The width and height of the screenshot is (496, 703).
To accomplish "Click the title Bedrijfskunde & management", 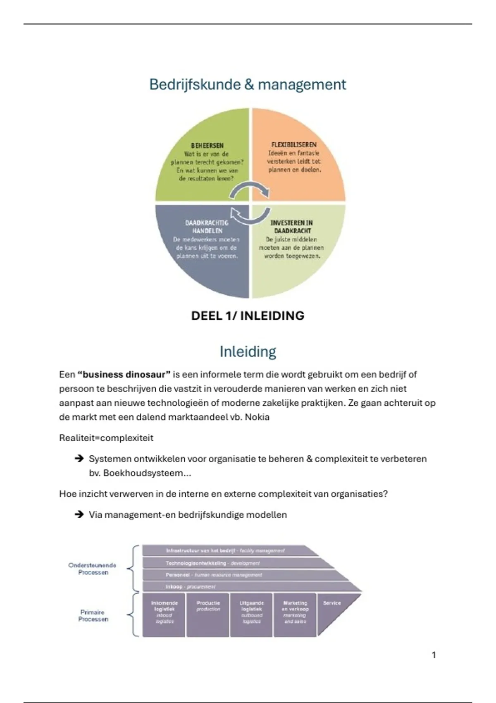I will point(247,85).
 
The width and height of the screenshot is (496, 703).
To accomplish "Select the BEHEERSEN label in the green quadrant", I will point(207,146).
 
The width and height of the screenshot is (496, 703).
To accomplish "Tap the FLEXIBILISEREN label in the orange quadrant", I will point(294,145).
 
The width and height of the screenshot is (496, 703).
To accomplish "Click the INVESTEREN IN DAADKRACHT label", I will point(292,227).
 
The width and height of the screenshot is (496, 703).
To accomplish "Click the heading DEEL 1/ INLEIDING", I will point(248,316).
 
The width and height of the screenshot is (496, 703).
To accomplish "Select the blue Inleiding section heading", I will point(248,351).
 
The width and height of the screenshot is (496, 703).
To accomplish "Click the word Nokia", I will point(257,417).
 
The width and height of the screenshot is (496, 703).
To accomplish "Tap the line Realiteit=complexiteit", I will point(106,438).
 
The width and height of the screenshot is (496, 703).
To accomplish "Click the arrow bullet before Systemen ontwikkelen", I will point(79,459).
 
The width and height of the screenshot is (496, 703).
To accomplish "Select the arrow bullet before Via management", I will point(79,515).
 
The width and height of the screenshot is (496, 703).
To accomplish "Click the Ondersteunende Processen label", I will point(93,569).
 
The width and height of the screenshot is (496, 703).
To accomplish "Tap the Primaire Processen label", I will point(93,616).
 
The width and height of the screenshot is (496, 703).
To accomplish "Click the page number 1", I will point(434,655).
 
